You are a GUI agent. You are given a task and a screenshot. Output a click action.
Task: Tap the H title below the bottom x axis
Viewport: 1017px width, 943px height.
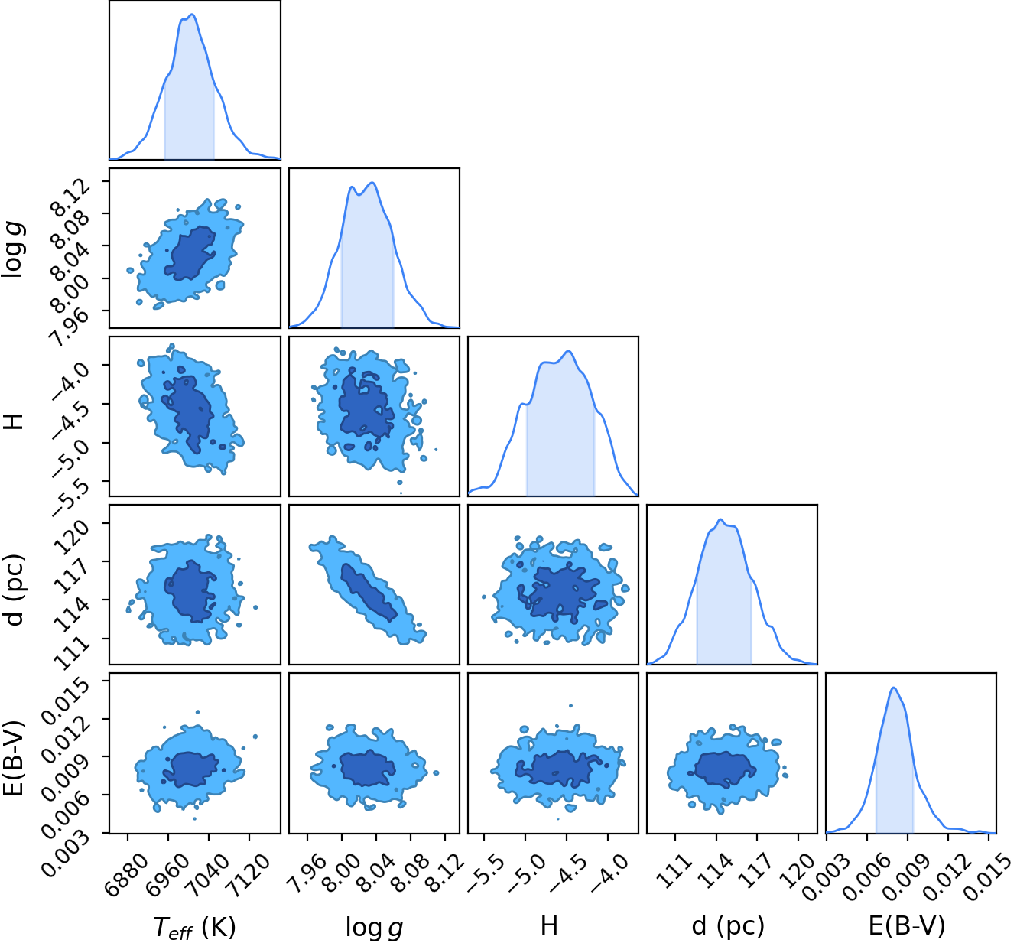[549, 925]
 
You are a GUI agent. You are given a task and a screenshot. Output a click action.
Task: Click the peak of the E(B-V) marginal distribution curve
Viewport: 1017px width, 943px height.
[893, 688]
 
